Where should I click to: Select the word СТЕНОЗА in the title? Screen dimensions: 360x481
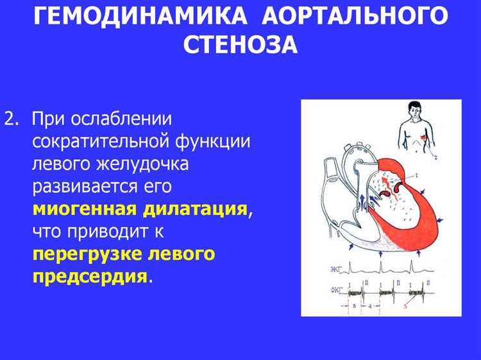[x=240, y=44]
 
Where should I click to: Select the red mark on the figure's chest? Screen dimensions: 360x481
[x=424, y=138]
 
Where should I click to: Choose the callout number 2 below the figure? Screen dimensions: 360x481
[x=435, y=157]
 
